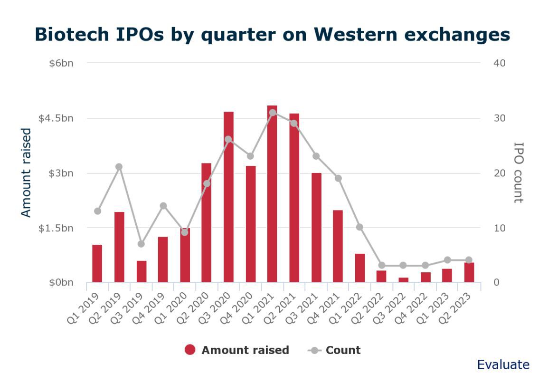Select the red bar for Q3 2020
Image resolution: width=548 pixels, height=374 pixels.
228,197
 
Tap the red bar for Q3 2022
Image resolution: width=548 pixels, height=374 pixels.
403,280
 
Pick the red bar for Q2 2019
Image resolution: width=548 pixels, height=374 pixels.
119,247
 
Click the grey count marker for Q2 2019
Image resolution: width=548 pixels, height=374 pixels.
119,167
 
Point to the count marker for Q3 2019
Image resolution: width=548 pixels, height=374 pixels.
141,244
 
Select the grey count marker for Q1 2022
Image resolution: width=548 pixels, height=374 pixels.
359,227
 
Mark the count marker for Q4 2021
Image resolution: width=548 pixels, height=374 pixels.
338,178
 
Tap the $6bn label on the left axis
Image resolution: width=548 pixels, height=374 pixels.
61,63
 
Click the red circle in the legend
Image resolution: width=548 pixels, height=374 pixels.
190,350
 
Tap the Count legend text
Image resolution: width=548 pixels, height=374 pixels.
343,350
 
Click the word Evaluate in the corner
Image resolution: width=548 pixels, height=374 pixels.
503,364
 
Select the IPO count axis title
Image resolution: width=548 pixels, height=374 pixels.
518,173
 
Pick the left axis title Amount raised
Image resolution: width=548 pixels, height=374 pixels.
26,173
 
